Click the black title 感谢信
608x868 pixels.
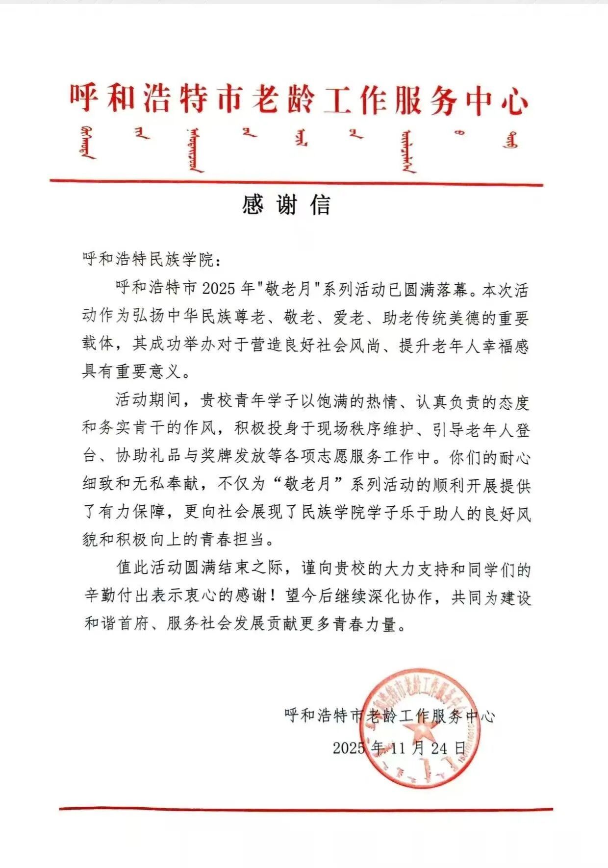point(287,205)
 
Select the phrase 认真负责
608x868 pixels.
point(449,402)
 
